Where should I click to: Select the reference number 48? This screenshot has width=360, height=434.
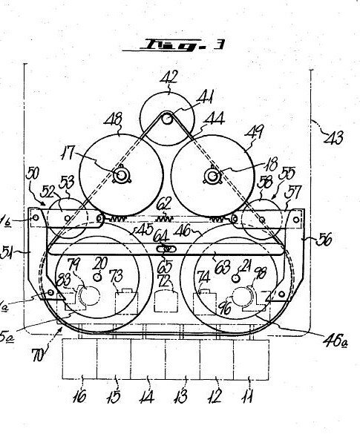click(x=117, y=119)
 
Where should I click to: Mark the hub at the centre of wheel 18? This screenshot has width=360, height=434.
click(x=213, y=176)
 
